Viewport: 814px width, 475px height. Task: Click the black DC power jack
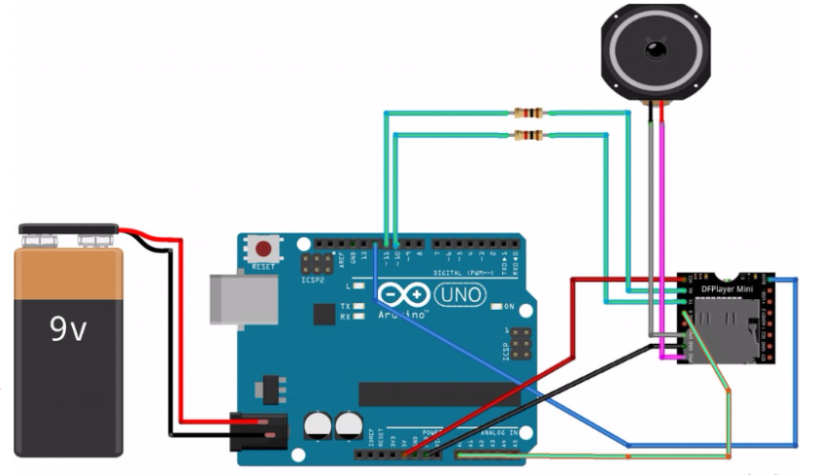click(x=258, y=426)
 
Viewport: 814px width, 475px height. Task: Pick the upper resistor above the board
click(x=527, y=114)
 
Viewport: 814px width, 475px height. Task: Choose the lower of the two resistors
click(x=527, y=134)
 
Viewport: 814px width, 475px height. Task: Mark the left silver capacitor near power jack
click(x=319, y=425)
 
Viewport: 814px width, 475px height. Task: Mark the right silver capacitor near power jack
click(x=348, y=425)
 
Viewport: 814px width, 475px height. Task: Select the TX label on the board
click(x=346, y=306)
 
